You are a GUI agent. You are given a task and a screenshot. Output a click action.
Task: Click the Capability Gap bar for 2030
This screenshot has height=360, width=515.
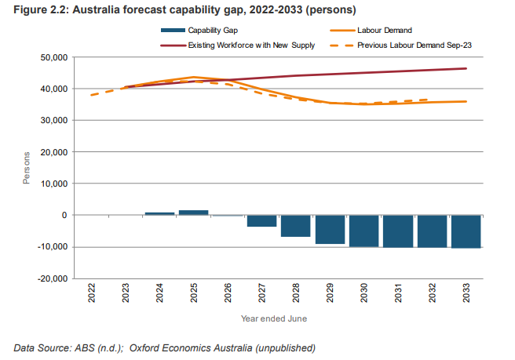pyautogui.click(x=364, y=231)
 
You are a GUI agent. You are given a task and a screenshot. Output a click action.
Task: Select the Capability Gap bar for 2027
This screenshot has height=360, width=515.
pyautogui.click(x=261, y=221)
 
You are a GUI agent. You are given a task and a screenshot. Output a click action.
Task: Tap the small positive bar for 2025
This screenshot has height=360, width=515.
pyautogui.click(x=193, y=213)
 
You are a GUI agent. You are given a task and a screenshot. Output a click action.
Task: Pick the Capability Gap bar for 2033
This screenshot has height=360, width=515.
pyautogui.click(x=466, y=231)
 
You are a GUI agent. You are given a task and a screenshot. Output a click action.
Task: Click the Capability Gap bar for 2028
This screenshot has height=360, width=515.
pyautogui.click(x=296, y=226)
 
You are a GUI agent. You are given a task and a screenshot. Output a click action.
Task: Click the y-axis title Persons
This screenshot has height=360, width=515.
pyautogui.click(x=27, y=168)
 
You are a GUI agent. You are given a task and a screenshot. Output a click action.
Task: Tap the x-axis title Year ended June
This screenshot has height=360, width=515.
pyautogui.click(x=274, y=319)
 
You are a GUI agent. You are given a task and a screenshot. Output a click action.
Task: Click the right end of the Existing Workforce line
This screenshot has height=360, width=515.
pyautogui.click(x=466, y=68)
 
